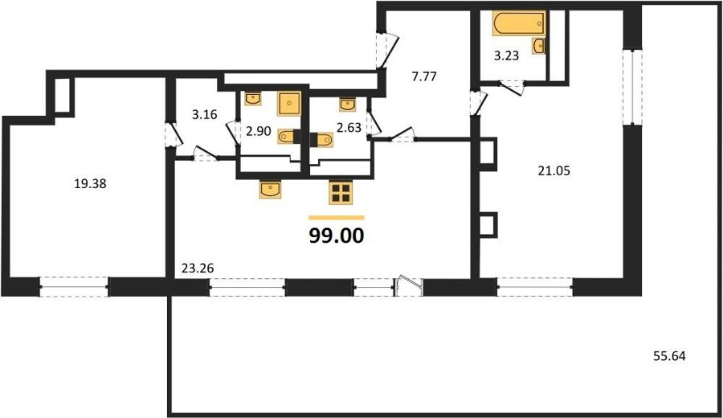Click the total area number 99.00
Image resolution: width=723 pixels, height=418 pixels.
coord(337,236)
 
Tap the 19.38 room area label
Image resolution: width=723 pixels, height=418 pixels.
coord(90,183)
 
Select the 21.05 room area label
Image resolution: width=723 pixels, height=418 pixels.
coord(553,170)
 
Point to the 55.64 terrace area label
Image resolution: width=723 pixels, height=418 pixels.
coord(669,356)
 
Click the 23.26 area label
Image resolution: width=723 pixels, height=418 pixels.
coord(198,268)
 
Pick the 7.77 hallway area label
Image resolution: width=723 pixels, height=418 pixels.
coord(423,76)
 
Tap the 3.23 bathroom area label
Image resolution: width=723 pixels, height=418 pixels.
coord(506,55)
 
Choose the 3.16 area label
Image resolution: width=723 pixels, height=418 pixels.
coord(204,114)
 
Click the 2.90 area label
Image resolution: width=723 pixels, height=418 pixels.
coord(258,132)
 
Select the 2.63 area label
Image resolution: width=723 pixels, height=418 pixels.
coord(349,127)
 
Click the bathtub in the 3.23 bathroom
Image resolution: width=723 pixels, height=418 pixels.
coord(519,23)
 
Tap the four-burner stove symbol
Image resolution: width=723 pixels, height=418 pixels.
coord(341,192)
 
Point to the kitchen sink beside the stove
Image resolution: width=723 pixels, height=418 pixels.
coord(270,190)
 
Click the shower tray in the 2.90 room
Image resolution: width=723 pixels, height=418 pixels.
coord(289,104)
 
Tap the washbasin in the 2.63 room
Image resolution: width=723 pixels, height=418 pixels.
coord(348,104)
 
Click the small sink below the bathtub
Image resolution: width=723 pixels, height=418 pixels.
coord(538,46)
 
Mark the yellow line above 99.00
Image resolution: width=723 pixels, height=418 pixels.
coord(336,217)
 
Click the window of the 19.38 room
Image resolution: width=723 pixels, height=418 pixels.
coord(74,286)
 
